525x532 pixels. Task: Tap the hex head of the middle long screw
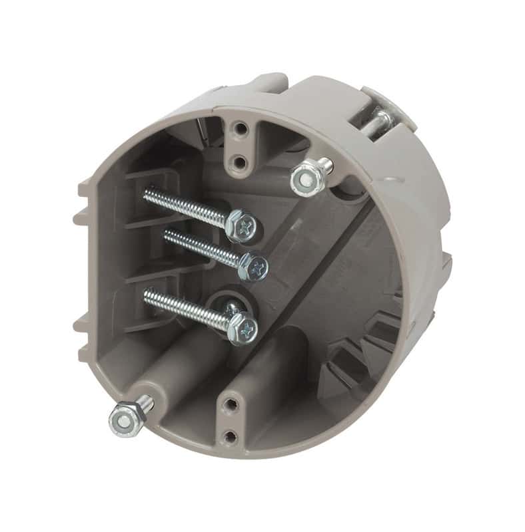[x=253, y=266]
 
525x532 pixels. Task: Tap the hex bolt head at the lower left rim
[x=123, y=418]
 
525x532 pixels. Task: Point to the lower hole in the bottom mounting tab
[x=231, y=436]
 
